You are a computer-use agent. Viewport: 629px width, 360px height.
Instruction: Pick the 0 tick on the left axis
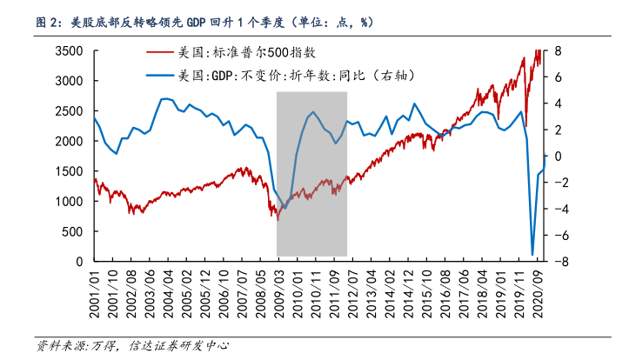pos(81,261)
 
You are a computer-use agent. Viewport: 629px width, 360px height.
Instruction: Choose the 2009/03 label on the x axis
pos(278,291)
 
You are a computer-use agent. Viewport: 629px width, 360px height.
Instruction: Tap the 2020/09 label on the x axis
pos(539,291)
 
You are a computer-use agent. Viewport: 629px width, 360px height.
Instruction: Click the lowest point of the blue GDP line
pos(532,255)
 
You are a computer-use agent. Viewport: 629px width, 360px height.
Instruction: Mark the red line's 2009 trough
pos(278,218)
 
